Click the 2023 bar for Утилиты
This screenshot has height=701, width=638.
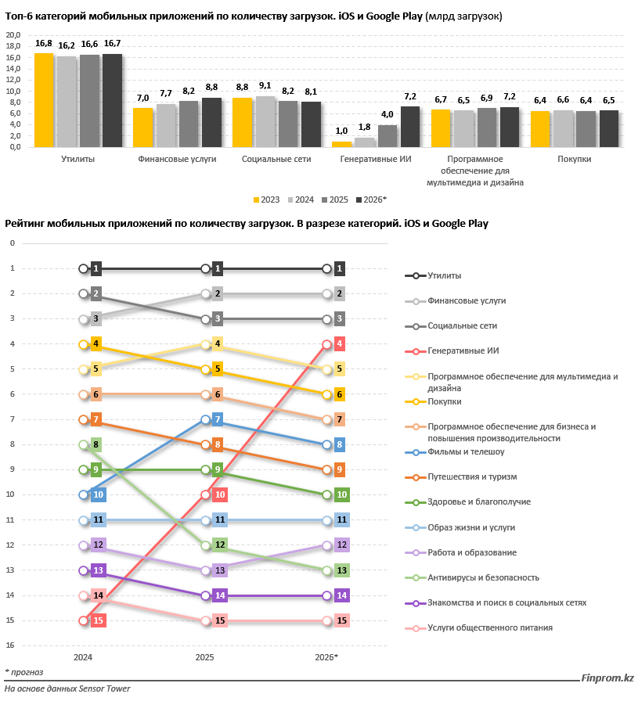click(44, 100)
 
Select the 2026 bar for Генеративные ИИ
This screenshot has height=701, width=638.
click(410, 127)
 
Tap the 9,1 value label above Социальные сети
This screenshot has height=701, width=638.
click(265, 86)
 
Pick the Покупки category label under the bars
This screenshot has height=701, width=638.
click(575, 160)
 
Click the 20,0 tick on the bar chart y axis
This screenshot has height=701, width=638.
click(13, 35)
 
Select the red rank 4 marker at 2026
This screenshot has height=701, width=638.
click(340, 343)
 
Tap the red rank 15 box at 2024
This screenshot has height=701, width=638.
click(98, 620)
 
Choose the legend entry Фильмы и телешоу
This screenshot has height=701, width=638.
click(466, 451)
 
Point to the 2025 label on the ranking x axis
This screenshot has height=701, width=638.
click(205, 657)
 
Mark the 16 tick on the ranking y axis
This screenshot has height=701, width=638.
click(11, 645)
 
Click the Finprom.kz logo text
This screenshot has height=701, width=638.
click(607, 679)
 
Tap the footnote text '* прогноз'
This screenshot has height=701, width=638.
click(24, 671)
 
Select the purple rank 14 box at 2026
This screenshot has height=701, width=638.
click(340, 595)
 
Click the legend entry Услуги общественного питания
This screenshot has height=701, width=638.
click(490, 627)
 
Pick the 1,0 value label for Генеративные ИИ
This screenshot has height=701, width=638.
click(341, 131)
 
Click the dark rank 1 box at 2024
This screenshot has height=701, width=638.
click(97, 268)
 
